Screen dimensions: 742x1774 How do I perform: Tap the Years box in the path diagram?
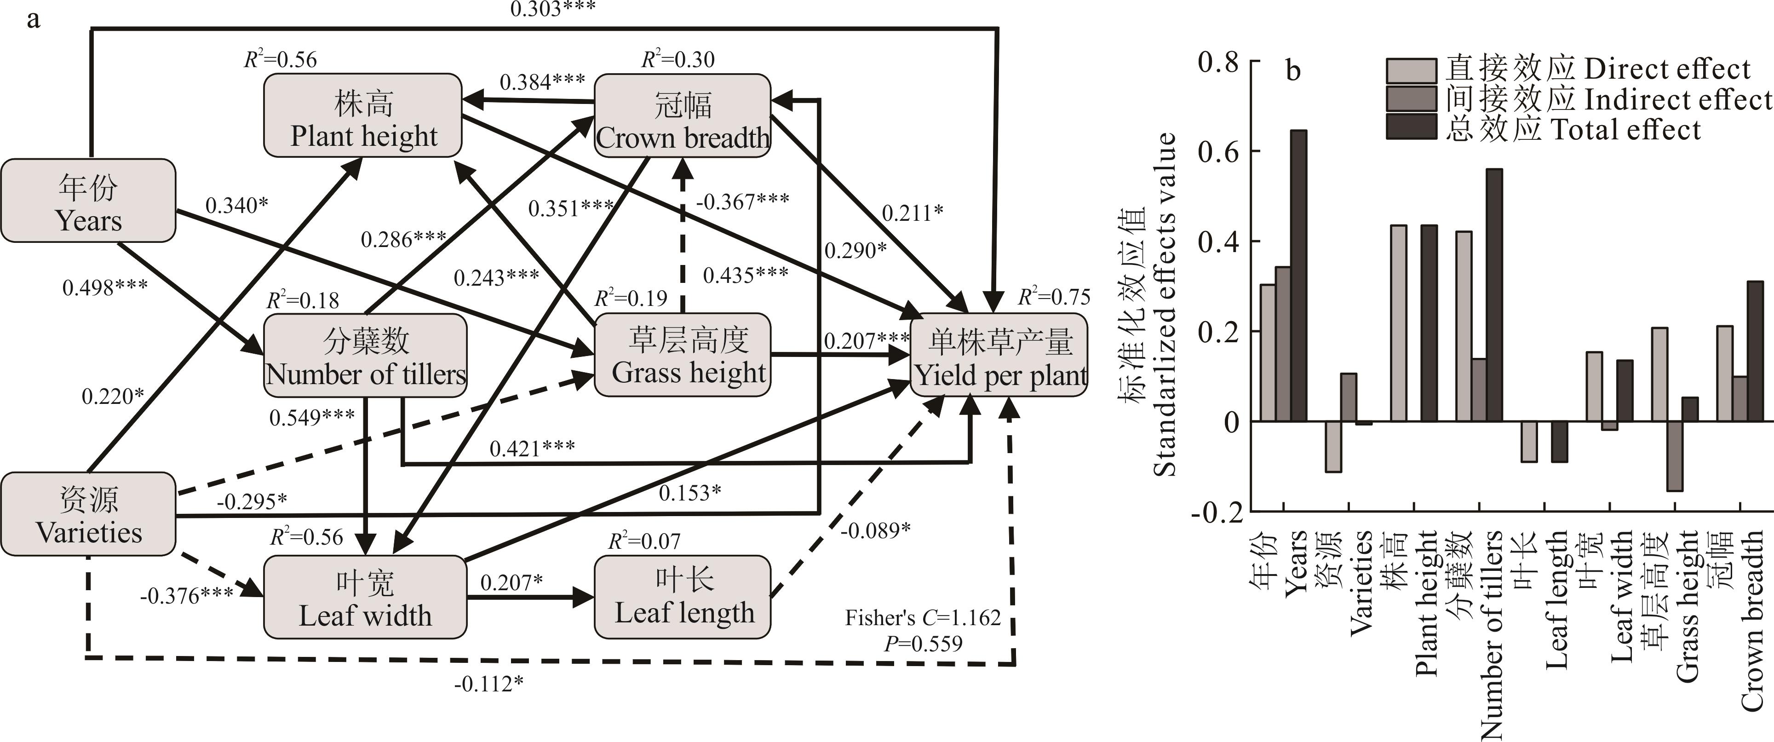tap(88, 201)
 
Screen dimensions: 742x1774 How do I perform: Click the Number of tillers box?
tap(365, 356)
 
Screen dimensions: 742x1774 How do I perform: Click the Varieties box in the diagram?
tap(88, 514)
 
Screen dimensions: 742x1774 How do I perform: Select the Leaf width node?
tap(365, 597)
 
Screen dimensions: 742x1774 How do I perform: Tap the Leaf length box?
tap(683, 597)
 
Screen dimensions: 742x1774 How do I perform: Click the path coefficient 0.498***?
tap(105, 288)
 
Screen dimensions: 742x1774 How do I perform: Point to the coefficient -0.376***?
tap(186, 595)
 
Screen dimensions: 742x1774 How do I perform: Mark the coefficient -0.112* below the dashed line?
tap(488, 684)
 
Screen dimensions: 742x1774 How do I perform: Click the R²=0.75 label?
tap(1054, 297)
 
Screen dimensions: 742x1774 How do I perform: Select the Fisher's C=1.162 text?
tap(923, 618)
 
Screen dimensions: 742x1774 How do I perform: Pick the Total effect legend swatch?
tap(1411, 127)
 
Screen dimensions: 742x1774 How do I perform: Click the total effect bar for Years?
tap(1299, 276)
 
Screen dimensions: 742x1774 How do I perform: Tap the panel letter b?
tap(1293, 71)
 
